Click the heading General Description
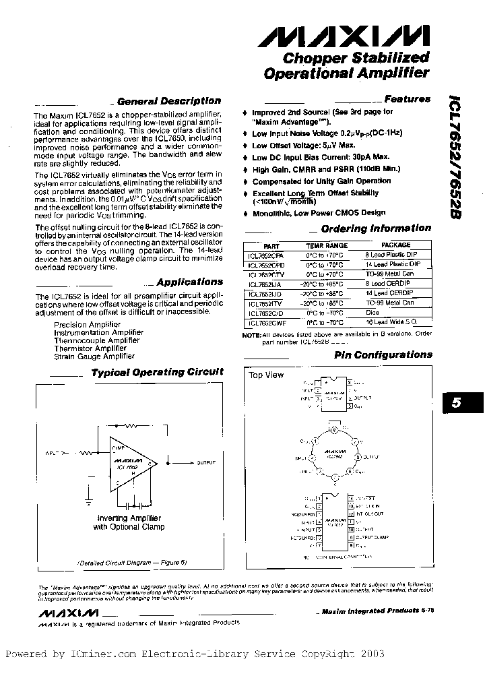point(168,101)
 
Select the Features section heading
point(407,99)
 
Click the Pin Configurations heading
point(383,354)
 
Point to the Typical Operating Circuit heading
point(156,372)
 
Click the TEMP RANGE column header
point(327,246)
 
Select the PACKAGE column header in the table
point(395,245)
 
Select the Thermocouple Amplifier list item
point(96,340)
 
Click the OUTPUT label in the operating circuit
point(206,463)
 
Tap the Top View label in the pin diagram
point(267,375)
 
